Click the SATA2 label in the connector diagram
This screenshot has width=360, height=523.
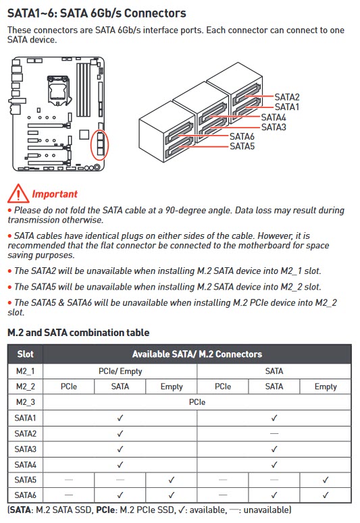(287, 97)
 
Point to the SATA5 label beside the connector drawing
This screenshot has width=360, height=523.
(242, 146)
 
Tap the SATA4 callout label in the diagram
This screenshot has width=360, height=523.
(274, 117)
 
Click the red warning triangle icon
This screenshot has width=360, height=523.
(18, 194)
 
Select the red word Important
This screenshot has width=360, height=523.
(55, 194)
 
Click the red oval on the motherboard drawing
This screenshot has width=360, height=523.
(99, 145)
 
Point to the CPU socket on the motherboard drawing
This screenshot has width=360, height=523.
(59, 90)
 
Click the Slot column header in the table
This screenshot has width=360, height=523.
(26, 354)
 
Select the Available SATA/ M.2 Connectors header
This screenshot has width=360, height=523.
(197, 354)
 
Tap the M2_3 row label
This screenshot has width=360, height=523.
(26, 402)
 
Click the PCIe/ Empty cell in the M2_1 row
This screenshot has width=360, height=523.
(120, 371)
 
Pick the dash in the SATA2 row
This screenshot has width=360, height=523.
(274, 433)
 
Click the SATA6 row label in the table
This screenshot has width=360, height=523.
(26, 495)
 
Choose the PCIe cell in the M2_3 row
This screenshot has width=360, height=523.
(197, 402)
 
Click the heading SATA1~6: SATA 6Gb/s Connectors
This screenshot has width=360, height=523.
(97, 13)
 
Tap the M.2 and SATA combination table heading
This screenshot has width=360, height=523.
(78, 333)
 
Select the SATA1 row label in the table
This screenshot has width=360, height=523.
(26, 418)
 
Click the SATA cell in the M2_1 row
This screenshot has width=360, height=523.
(274, 371)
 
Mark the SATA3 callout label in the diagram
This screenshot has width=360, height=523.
(274, 127)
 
